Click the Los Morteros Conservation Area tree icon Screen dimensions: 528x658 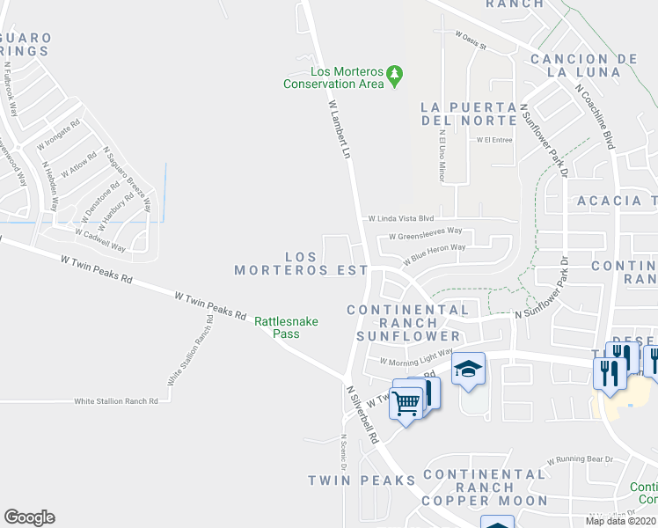(x=396, y=75)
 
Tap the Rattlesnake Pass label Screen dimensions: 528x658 (x=286, y=327)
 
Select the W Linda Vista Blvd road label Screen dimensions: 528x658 (x=401, y=217)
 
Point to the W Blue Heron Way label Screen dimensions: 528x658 (x=435, y=254)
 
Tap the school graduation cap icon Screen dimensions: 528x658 (x=469, y=369)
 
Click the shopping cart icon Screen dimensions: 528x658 (x=406, y=403)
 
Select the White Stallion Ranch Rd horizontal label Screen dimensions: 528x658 (x=116, y=400)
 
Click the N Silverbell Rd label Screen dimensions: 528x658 (x=362, y=414)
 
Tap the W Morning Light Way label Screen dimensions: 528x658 (x=415, y=356)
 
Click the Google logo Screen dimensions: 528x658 (x=29, y=517)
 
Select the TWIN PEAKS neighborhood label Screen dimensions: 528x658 (x=362, y=480)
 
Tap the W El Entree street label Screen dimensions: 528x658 (x=494, y=139)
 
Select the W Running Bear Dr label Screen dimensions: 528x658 (x=580, y=459)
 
